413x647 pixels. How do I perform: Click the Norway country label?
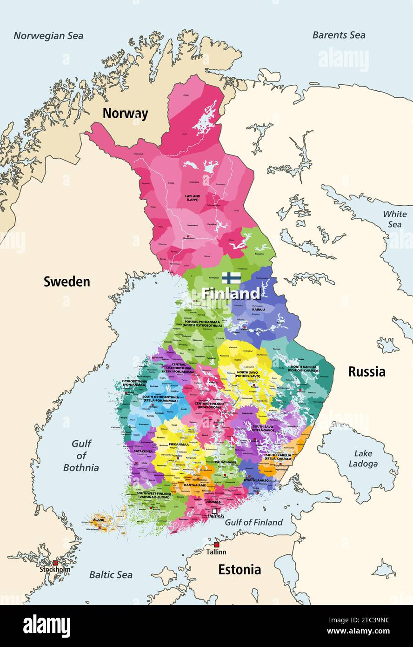[125, 113]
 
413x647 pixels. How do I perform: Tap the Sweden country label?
[67, 281]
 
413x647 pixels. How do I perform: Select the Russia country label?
[366, 371]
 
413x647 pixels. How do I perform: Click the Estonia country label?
[240, 569]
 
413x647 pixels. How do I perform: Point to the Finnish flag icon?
[231, 278]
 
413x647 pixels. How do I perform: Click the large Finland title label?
[231, 293]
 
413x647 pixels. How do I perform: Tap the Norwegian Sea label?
[48, 35]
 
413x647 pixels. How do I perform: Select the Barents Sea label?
[339, 35]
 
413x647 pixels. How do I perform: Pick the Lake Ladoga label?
[363, 458]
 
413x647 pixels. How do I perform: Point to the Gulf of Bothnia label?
[81, 456]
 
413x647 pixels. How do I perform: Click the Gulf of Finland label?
[253, 522]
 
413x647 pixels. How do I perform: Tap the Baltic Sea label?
[111, 574]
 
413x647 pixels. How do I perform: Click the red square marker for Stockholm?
[55, 563]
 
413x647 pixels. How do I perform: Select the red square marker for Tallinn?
[216, 545]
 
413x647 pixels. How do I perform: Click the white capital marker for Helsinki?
[214, 511]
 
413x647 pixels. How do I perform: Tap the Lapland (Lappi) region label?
[193, 198]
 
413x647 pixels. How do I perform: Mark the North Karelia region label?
[305, 369]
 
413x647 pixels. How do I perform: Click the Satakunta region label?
[143, 451]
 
